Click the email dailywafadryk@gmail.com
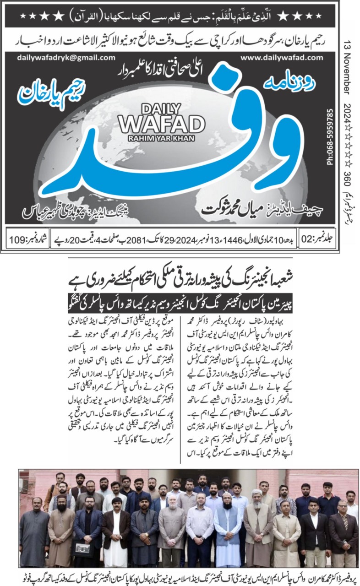pyautogui.click(x=66, y=58)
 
